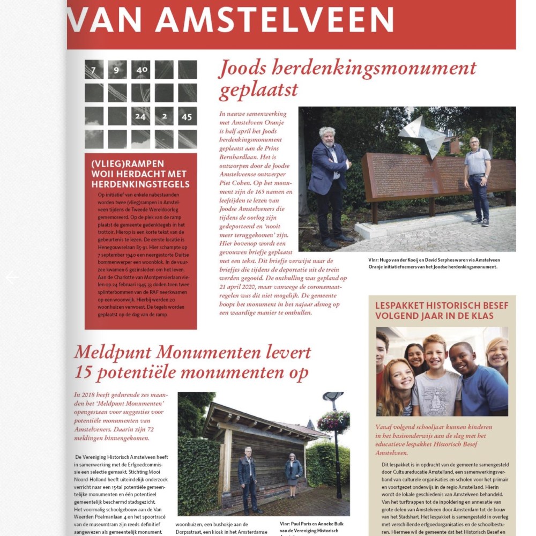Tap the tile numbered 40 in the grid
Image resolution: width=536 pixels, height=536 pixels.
pos(141,70)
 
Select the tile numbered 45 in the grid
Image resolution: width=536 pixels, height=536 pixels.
pos(187,116)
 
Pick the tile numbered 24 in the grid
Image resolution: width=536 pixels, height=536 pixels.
pos(141,116)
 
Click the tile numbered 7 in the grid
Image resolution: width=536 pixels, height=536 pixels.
pos(94,70)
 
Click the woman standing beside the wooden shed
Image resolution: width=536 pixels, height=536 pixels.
pos(293,474)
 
